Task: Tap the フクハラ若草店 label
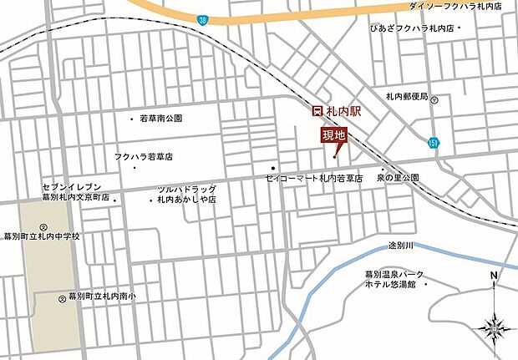click(143, 157)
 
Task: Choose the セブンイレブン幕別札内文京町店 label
click(76, 193)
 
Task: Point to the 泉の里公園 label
click(397, 179)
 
